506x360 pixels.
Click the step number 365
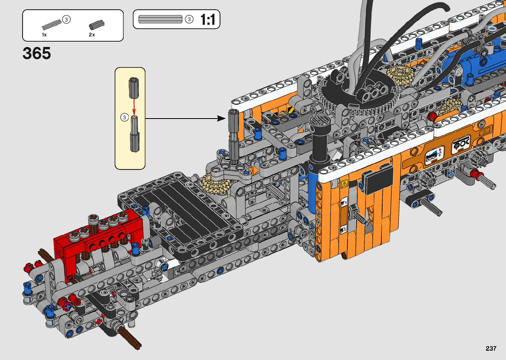click(37, 53)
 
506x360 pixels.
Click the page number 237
click(491, 348)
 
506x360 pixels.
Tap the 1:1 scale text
click(208, 20)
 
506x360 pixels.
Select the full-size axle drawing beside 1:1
click(160, 19)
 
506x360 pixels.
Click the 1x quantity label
click(44, 35)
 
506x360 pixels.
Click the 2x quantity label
click(92, 35)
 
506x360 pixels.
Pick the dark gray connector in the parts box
click(97, 25)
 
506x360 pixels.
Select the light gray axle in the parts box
click(52, 25)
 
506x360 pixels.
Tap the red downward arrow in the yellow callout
click(134, 106)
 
